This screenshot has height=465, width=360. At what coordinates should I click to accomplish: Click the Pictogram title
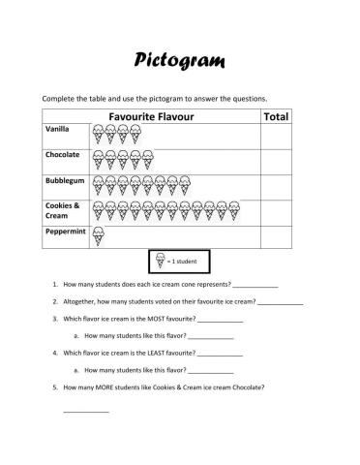179,61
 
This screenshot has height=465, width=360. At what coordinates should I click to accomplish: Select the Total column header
276,116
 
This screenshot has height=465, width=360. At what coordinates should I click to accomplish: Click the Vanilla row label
58,129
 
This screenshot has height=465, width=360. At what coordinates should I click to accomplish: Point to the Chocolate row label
63,155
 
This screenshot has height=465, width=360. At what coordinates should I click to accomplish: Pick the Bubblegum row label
65,181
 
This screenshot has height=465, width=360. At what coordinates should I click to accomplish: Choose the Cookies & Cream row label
62,210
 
